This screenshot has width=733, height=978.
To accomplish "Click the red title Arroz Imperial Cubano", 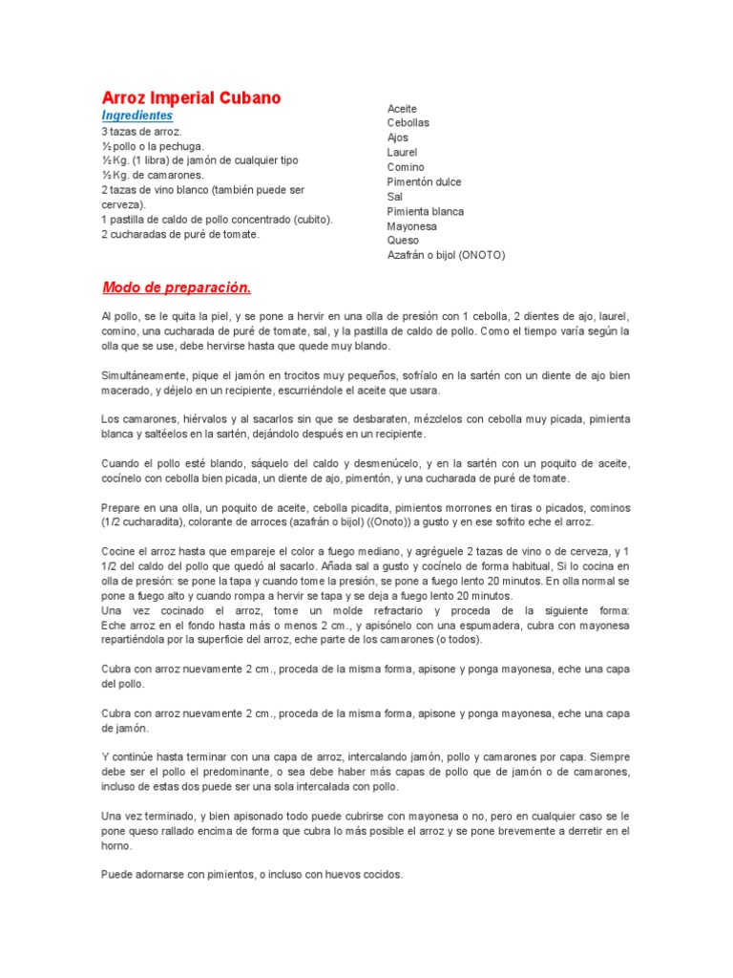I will pyautogui.click(x=191, y=98).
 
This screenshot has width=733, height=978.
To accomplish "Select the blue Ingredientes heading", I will pyautogui.click(x=136, y=116).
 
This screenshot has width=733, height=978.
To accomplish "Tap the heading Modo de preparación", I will pyautogui.click(x=176, y=287).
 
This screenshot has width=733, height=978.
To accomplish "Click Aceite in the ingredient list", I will pyautogui.click(x=402, y=109).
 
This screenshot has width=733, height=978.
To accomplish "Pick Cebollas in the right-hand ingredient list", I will pyautogui.click(x=408, y=123).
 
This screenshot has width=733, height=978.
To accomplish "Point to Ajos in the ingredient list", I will pyautogui.click(x=397, y=138).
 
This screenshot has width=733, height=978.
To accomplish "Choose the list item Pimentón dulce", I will pyautogui.click(x=425, y=181).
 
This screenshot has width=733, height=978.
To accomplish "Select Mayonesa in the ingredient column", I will pyautogui.click(x=411, y=226).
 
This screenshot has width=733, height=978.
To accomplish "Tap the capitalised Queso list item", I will pyautogui.click(x=402, y=241).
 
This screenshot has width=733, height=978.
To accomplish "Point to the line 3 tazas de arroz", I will pyautogui.click(x=141, y=131).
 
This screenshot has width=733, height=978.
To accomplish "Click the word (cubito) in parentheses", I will pyautogui.click(x=314, y=219).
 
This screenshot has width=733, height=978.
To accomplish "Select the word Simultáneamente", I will pyautogui.click(x=141, y=375).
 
